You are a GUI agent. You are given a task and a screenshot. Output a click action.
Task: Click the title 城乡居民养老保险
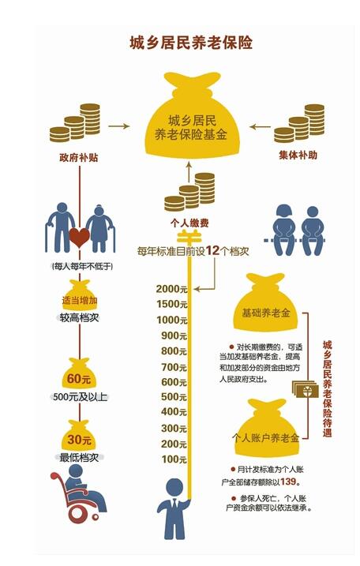click(191, 43)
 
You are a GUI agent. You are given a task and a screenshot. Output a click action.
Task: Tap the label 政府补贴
click(79, 157)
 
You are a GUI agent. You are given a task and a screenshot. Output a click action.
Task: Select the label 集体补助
click(298, 156)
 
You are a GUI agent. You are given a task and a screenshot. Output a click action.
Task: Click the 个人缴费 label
click(189, 223)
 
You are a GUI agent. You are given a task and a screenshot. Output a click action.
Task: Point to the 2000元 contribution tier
click(172, 289)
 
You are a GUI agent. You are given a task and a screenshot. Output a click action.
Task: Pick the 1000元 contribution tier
click(172, 320)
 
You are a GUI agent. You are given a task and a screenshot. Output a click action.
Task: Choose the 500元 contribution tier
click(174, 397)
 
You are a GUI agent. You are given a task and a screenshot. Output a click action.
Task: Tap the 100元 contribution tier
click(174, 459)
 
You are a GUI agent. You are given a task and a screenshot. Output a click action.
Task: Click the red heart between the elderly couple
click(79, 238)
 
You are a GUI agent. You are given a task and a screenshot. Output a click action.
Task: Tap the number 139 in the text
click(288, 482)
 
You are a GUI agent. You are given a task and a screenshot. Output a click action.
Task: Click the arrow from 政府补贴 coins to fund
click(118, 126)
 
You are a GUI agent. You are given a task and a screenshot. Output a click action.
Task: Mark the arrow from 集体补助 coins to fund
click(260, 127)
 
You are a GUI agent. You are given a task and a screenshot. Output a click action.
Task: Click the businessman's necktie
click(174, 504)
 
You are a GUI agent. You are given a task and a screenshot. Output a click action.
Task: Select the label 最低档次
click(79, 457)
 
